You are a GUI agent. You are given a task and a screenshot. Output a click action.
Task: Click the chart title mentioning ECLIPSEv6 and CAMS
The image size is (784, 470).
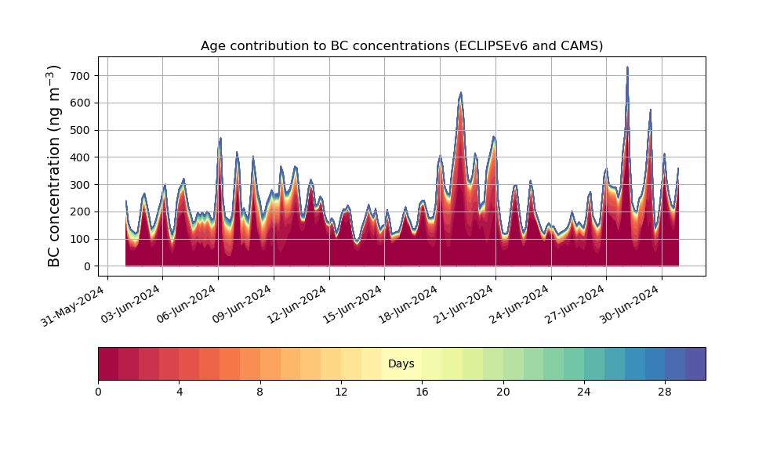tap(401, 46)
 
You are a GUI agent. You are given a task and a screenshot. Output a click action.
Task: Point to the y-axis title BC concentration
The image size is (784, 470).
tap(53, 166)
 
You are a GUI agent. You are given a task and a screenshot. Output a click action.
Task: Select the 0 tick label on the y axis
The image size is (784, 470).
tap(88, 266)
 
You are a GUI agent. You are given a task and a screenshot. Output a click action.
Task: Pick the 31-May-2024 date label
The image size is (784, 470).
tap(73, 305)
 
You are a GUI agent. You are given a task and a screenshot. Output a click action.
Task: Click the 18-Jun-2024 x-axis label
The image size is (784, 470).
tap(410, 304)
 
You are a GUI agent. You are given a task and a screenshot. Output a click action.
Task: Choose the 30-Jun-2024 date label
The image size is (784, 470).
tap(631, 304)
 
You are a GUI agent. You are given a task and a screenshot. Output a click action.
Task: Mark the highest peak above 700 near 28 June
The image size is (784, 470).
tap(627, 67)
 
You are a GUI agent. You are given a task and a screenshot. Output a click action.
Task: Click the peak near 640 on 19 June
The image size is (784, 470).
tap(460, 92)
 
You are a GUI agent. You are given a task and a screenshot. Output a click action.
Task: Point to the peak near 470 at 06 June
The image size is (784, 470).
tap(220, 139)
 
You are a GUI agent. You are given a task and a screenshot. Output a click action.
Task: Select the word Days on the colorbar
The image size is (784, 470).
tap(401, 363)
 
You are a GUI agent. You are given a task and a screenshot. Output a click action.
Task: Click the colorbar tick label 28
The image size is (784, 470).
tap(665, 392)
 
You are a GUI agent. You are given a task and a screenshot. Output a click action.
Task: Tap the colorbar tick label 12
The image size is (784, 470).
tap(341, 392)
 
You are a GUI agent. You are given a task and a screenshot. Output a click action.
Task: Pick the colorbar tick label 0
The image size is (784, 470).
tap(98, 392)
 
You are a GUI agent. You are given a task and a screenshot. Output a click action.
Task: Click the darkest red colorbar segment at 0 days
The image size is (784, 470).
tap(108, 363)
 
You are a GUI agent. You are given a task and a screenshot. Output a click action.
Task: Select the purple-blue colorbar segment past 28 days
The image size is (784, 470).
tap(695, 363)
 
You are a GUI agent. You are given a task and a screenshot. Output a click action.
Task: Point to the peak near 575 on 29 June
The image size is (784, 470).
tap(651, 110)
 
